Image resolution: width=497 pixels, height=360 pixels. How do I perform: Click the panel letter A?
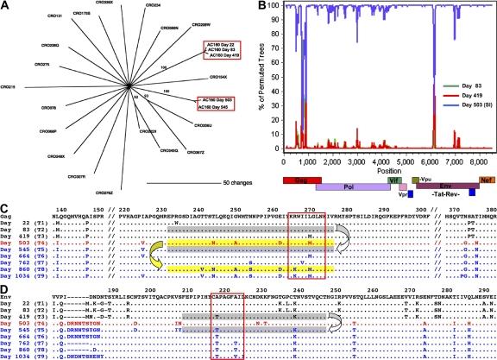tap(5, 7)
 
